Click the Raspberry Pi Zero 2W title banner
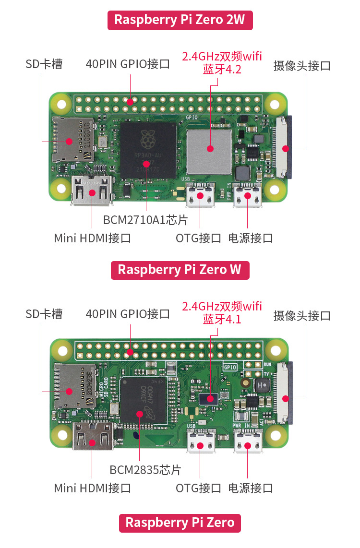(x=180, y=20)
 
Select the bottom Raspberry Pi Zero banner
(x=180, y=523)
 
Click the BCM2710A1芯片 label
(x=145, y=220)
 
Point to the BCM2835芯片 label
(x=145, y=469)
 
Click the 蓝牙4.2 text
(x=222, y=69)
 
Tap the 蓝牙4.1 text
(x=222, y=319)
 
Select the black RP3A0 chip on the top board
(x=148, y=150)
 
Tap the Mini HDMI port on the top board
(x=92, y=192)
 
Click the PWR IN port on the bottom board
(x=248, y=441)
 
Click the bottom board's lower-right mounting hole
(x=276, y=436)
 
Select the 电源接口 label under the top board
(x=251, y=238)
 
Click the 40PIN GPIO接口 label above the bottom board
(x=128, y=314)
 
